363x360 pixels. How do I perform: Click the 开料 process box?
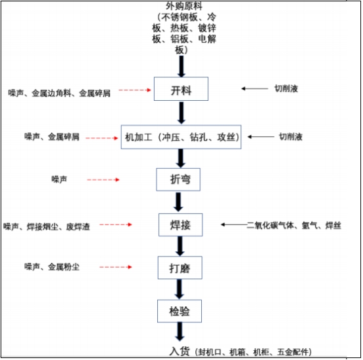(x=181, y=89)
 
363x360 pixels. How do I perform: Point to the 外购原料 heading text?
(x=181, y=6)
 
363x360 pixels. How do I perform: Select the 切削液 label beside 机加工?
(x=290, y=137)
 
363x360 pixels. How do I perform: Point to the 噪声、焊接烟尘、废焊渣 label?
(x=47, y=227)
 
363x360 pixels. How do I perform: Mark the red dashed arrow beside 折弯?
(x=103, y=179)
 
